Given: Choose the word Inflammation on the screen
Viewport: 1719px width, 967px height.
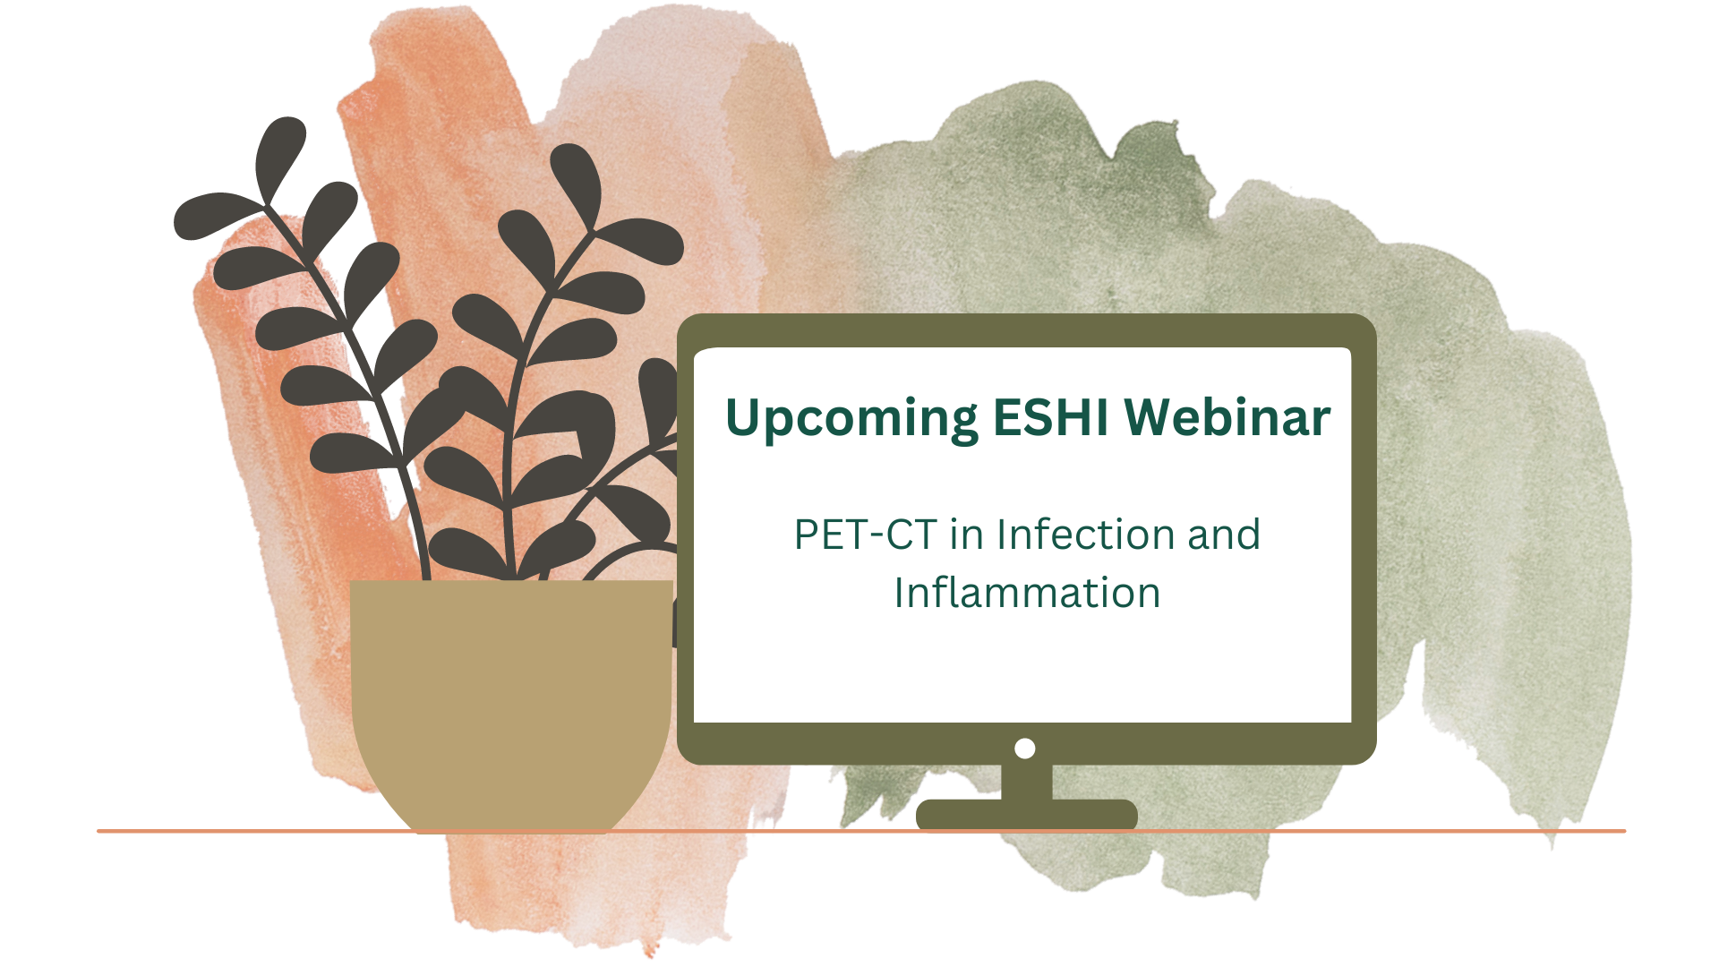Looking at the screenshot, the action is pos(1027,593).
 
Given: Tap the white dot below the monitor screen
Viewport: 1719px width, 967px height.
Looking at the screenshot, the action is pos(1025,749).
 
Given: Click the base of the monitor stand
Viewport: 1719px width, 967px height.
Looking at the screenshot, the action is pos(1027,814).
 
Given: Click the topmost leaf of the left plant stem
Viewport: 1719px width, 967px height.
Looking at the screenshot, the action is pos(280,158).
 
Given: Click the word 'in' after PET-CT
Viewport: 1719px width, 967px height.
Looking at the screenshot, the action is pos(967,535).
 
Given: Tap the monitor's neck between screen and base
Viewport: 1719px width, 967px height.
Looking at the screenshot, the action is pos(1027,782).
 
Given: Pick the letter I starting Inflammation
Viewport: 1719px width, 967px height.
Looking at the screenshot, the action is pos(900,593).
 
